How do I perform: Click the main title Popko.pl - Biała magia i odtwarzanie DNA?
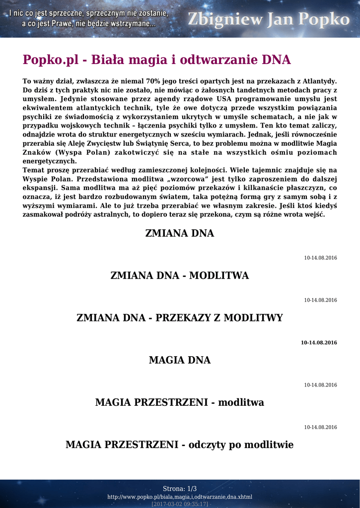[156, 60]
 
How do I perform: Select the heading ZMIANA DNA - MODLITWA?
[179, 275]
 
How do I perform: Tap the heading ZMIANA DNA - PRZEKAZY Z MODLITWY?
[179, 318]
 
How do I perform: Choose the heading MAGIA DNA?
[179, 360]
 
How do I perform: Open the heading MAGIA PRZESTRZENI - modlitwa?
[179, 402]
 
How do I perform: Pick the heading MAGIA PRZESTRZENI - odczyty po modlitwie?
[179, 445]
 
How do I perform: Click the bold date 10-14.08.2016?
[319, 343]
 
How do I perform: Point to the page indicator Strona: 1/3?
[180, 489]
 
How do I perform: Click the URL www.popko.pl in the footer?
[180, 497]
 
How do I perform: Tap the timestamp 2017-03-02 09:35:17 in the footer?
[180, 504]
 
